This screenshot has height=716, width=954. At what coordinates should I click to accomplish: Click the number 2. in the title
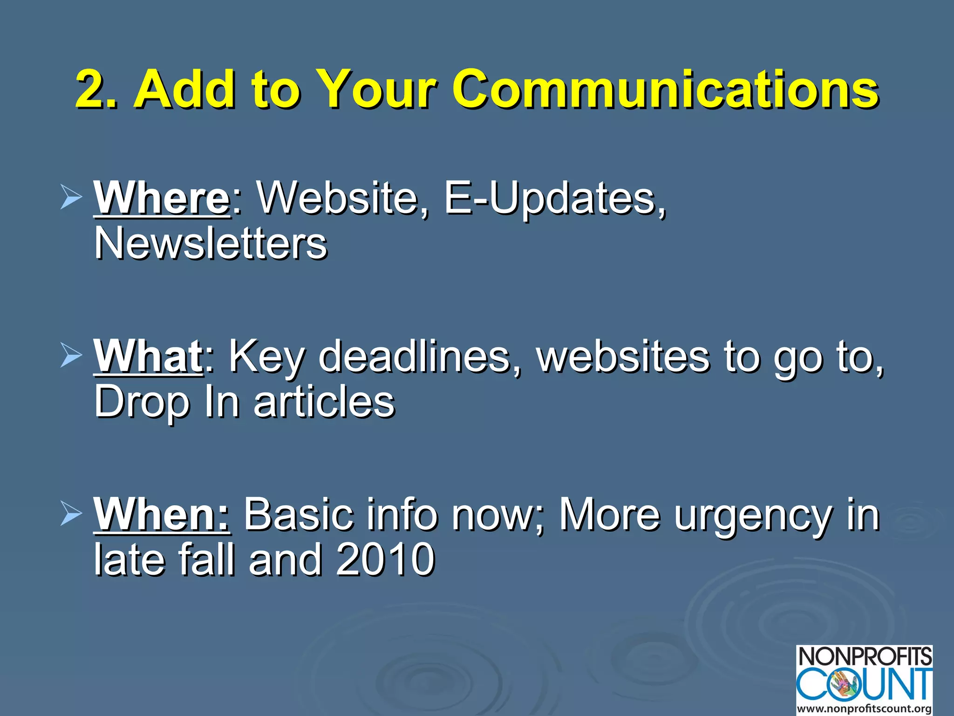(x=95, y=89)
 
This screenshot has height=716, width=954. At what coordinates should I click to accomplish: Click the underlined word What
(x=148, y=356)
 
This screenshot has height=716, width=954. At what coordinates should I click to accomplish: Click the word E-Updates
(x=554, y=198)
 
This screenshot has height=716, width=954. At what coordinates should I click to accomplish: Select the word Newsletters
(x=211, y=243)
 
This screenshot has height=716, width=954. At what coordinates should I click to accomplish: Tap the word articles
(x=324, y=401)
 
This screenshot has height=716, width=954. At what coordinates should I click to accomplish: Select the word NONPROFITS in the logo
(x=865, y=656)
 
